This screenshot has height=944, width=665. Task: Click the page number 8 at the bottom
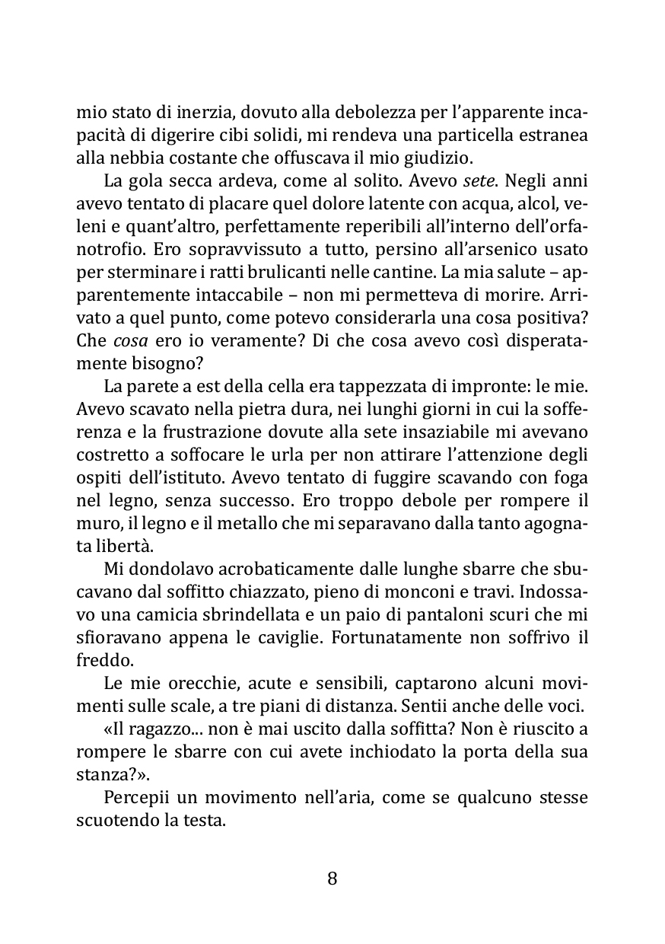[x=332, y=879]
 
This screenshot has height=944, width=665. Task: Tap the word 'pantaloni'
[x=400, y=614]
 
